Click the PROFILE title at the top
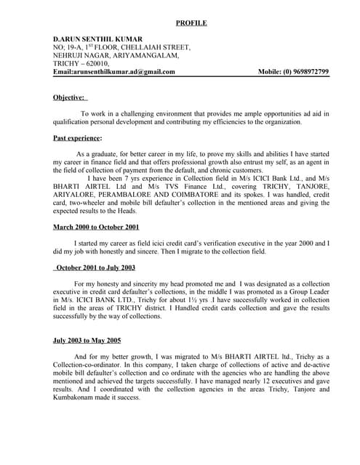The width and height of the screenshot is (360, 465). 191,23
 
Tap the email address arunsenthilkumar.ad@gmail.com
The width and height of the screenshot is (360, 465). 124,72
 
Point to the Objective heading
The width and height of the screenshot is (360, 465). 70,97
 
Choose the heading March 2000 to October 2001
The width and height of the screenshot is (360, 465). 96,227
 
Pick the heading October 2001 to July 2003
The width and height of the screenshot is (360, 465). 95,268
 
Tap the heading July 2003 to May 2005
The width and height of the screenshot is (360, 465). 87,340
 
